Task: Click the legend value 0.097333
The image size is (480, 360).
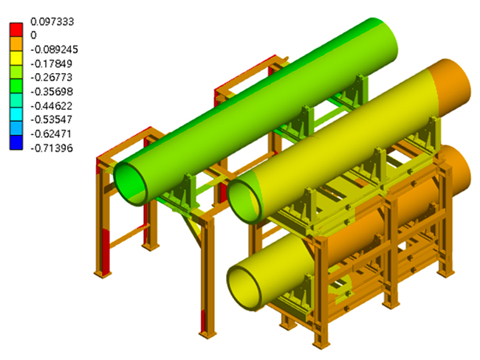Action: tap(52, 21)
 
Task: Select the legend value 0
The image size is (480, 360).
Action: tap(33, 35)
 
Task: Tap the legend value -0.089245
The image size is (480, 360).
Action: tap(54, 49)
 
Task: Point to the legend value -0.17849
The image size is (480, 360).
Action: tap(52, 63)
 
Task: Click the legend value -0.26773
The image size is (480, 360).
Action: tap(52, 77)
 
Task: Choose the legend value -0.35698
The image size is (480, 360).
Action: tap(52, 91)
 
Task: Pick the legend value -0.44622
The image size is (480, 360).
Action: tap(52, 105)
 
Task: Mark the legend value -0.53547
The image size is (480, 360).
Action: tap(52, 120)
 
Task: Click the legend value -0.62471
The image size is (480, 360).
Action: tap(51, 134)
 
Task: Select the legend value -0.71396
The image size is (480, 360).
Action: tap(52, 148)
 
